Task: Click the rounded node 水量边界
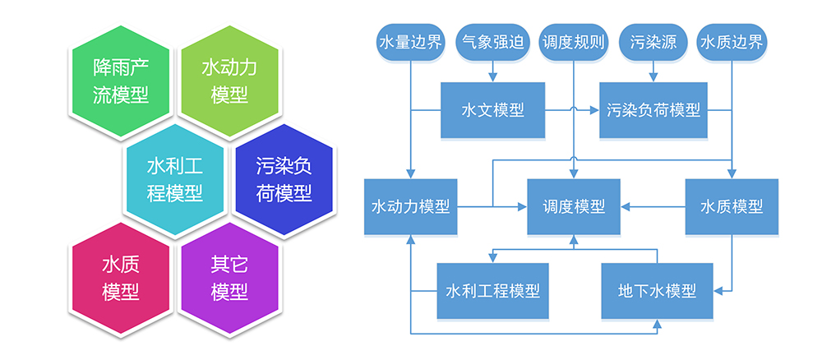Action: tap(409, 42)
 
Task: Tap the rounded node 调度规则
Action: tap(573, 42)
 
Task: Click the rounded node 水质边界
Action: tap(731, 42)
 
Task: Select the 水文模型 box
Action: tap(492, 110)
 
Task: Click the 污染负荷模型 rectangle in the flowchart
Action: tap(653, 110)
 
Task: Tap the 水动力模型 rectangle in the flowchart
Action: tap(410, 206)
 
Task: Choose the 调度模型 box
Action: tap(574, 206)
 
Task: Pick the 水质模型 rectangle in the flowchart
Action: tap(731, 206)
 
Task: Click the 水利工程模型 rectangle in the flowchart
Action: tap(492, 290)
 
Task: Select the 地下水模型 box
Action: tap(656, 290)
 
